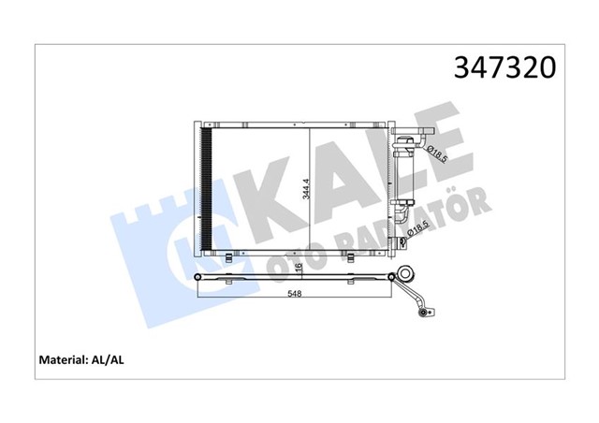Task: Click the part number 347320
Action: click(x=504, y=67)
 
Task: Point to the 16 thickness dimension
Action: click(x=298, y=268)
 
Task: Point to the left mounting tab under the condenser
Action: click(x=229, y=258)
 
